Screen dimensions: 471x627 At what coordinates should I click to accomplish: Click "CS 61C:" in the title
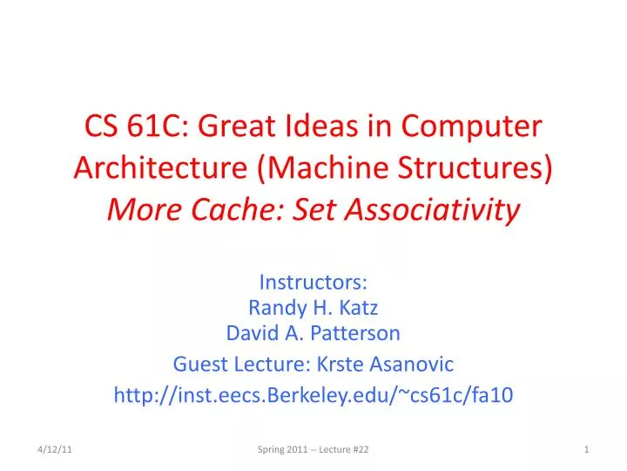[134, 128]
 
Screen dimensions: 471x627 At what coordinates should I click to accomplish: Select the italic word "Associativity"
[426, 208]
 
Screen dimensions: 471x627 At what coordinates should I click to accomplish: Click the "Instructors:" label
[313, 282]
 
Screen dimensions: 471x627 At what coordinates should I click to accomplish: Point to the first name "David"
[251, 332]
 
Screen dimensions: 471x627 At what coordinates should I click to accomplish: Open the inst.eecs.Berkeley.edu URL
[313, 395]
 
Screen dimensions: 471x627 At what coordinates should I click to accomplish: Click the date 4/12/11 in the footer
[54, 448]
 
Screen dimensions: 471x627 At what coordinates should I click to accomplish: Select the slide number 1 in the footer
[588, 448]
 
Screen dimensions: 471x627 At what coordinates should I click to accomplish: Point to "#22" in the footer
[360, 448]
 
